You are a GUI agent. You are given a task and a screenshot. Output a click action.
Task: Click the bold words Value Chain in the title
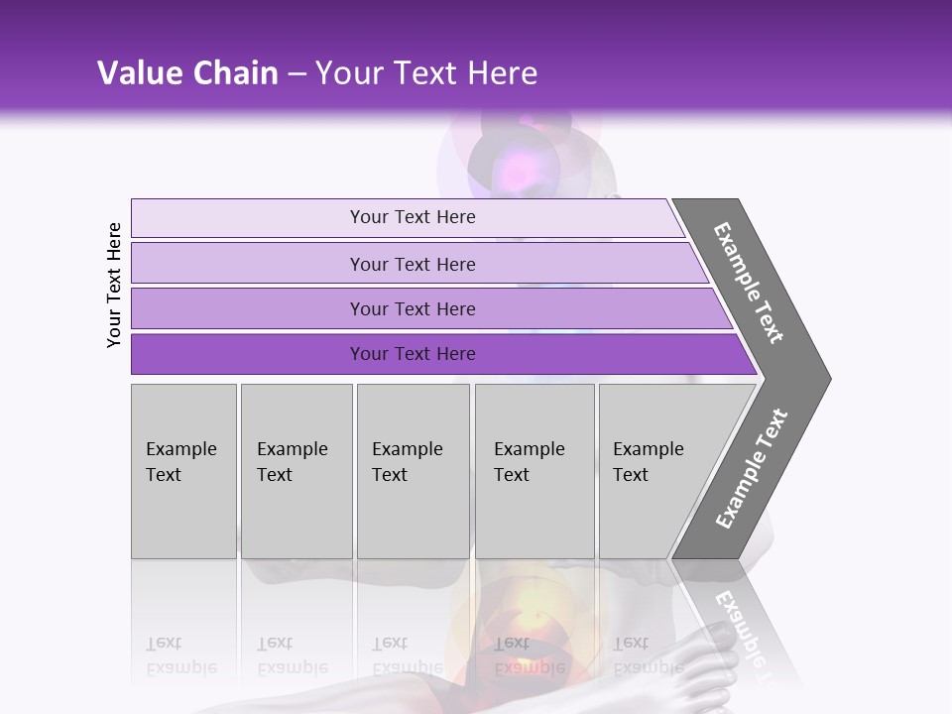(187, 73)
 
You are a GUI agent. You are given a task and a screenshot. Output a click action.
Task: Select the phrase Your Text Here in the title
(426, 73)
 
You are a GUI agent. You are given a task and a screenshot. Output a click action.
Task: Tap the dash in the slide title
(297, 73)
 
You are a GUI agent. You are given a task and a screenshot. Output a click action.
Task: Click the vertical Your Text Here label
(114, 285)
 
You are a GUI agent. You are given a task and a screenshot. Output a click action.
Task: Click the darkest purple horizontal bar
(248, 354)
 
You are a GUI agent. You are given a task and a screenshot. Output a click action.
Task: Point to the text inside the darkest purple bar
(413, 354)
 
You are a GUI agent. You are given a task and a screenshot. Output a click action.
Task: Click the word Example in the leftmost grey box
(180, 449)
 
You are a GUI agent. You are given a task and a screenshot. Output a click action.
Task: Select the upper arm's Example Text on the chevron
(749, 284)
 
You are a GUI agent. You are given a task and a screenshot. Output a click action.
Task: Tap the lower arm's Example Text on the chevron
(752, 468)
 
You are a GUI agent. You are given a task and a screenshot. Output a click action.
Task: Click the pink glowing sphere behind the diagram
(517, 171)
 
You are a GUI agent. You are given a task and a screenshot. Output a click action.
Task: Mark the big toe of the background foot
(715, 641)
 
